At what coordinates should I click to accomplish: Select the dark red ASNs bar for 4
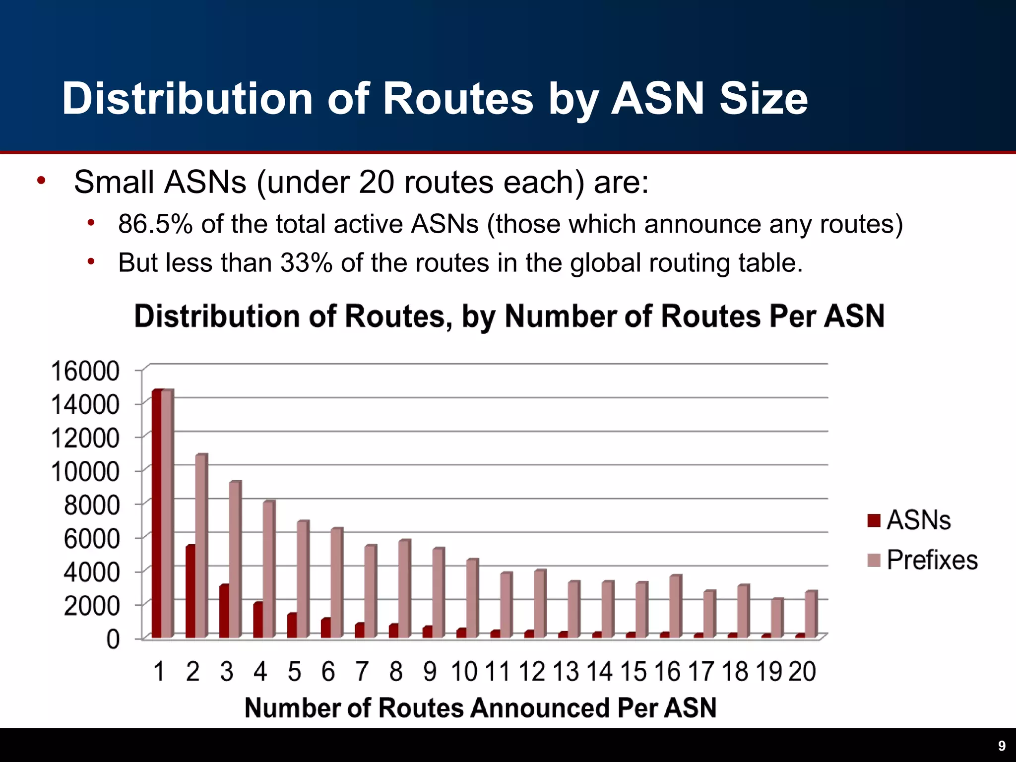pos(258,620)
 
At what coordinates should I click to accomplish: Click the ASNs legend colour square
pos(874,520)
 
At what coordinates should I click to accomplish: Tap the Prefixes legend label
pos(932,560)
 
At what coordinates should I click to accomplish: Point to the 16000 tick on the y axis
pos(85,371)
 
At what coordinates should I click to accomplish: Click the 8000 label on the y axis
pos(92,505)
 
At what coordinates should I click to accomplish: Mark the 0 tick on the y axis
pos(113,639)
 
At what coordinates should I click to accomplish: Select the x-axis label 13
pos(566,671)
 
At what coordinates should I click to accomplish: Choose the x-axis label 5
pos(294,671)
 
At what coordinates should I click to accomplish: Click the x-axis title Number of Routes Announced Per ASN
pos(480,707)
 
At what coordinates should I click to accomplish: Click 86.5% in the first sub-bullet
pos(155,224)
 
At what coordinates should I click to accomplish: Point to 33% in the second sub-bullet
pos(306,262)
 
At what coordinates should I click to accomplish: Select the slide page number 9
pos(1002,746)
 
